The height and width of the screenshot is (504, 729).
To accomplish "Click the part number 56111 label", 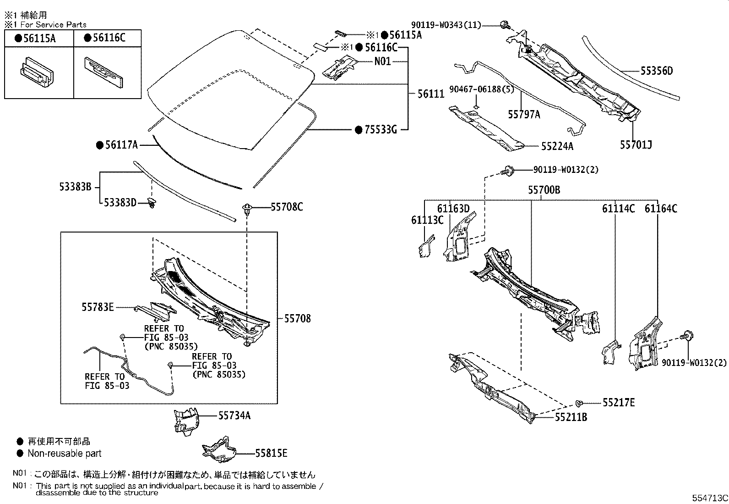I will point(430,94).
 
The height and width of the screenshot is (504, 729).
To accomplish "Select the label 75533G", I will point(381,129).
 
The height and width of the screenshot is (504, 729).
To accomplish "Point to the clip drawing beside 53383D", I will point(152,202).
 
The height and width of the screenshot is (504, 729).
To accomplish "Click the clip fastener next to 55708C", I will point(247,209).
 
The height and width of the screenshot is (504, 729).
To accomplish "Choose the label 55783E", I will point(98,307).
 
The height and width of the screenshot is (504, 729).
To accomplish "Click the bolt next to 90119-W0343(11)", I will point(505,25).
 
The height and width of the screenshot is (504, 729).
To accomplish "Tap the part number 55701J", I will point(636,145).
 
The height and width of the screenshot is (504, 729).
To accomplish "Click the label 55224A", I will point(557,146).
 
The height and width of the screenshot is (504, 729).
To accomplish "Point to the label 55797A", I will point(524,114).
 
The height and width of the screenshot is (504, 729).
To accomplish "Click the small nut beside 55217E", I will point(579,403).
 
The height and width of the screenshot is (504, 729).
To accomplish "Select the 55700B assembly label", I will point(544,190).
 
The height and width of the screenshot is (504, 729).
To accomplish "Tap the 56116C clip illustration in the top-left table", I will point(104,72).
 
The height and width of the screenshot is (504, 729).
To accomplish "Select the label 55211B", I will point(571,417).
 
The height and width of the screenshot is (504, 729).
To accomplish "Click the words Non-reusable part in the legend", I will point(64,453).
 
